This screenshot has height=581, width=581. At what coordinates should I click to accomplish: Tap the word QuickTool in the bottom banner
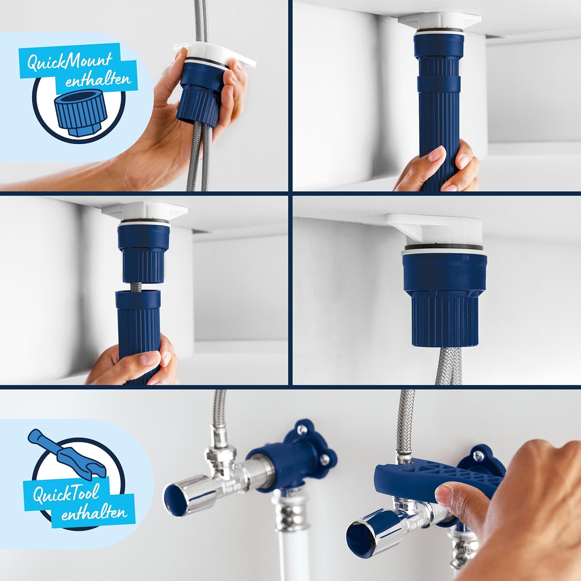65,494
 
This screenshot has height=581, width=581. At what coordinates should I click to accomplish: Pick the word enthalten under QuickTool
94,513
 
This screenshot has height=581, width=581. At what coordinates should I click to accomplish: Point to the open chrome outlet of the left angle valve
182,495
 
